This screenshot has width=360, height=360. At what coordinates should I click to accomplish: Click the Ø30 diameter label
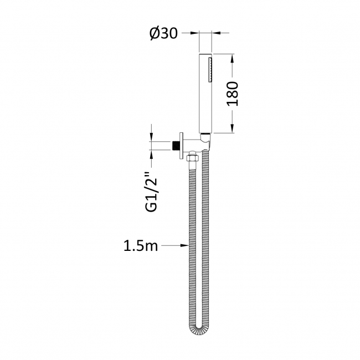click(x=163, y=34)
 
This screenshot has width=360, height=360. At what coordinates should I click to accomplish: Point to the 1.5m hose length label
click(x=140, y=245)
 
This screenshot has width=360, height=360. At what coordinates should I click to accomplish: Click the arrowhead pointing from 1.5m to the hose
click(x=185, y=245)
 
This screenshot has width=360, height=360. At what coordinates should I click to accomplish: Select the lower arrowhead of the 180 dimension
click(x=233, y=130)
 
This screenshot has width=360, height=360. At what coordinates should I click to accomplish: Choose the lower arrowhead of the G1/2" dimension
click(x=151, y=155)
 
